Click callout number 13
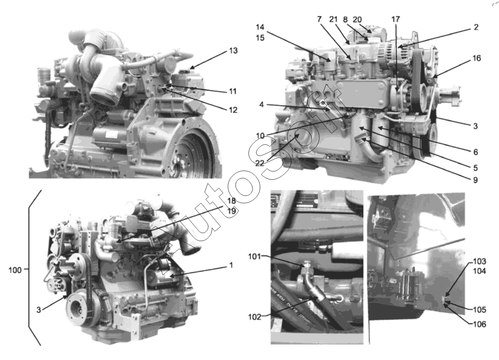234,51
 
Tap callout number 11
233,91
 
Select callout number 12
233,110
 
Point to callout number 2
476,27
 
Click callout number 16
477,58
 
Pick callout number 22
260,163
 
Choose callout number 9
475,180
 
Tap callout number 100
15,270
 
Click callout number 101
254,256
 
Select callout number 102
255,317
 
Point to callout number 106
479,324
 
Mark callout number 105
479,310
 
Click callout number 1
231,265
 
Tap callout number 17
396,19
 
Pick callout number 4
261,104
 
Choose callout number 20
357,20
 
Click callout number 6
476,152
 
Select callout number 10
260,136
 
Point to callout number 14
260,27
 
